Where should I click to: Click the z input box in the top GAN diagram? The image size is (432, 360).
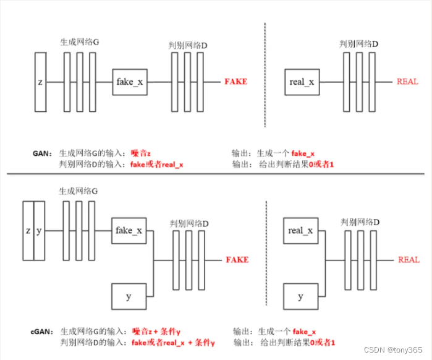click(x=41, y=82)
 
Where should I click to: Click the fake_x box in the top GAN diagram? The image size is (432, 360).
click(x=129, y=82)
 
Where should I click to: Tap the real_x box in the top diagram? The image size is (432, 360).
click(x=302, y=82)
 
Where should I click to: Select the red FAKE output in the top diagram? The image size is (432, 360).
click(x=235, y=82)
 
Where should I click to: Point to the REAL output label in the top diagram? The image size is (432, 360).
click(x=407, y=82)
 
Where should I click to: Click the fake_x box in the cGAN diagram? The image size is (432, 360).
click(x=129, y=230)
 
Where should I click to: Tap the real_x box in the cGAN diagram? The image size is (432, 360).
click(x=300, y=230)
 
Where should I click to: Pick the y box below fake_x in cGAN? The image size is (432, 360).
click(x=129, y=297)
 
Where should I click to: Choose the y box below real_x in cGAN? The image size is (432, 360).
click(x=300, y=297)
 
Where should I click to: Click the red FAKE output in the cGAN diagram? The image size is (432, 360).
click(x=237, y=260)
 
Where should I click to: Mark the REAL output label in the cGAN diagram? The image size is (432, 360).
click(x=409, y=260)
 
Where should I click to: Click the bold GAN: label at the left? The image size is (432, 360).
click(x=43, y=153)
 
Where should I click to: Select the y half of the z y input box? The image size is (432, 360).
click(x=39, y=231)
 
